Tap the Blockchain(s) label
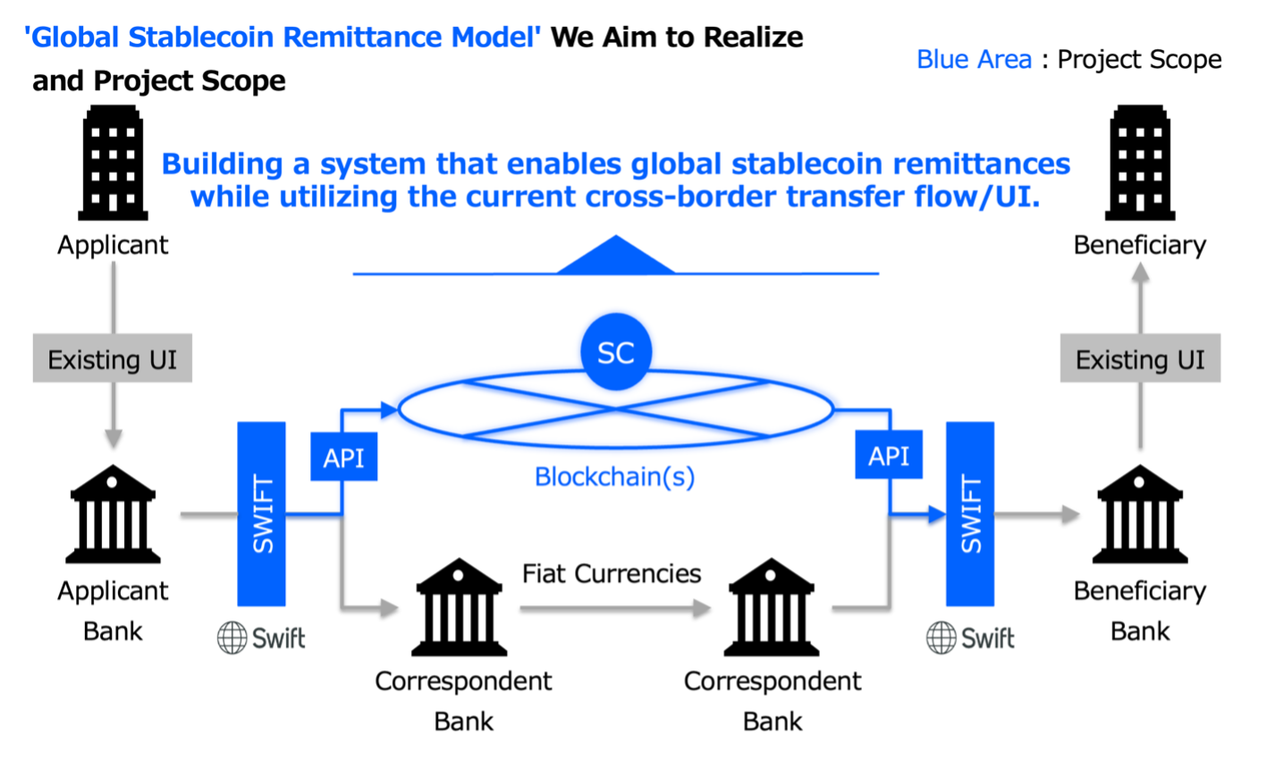[x=614, y=476]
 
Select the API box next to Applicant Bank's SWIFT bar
[x=343, y=456]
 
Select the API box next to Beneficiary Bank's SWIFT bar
[x=889, y=456]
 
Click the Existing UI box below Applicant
[x=113, y=360]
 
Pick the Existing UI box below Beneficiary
[x=1140, y=360]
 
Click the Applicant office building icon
[x=112, y=164]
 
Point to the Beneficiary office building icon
[x=1140, y=164]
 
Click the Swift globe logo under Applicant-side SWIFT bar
[x=232, y=637]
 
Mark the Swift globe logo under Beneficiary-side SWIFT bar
[x=941, y=637]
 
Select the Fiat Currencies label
[x=612, y=572]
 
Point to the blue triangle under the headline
[x=615, y=256]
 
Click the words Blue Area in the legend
[x=974, y=60]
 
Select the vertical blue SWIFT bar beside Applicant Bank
[x=261, y=514]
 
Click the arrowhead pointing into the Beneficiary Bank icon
[x=1072, y=514]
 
